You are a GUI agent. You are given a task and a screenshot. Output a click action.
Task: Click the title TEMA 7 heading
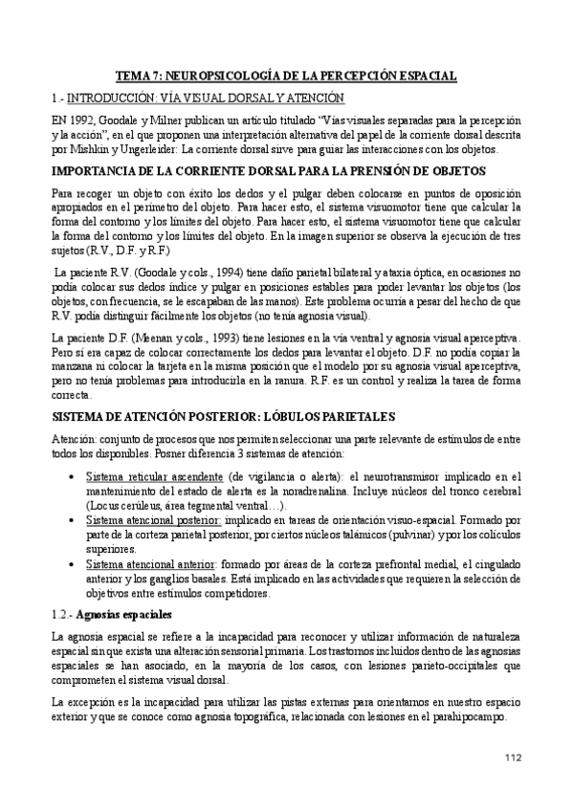pyautogui.click(x=286, y=74)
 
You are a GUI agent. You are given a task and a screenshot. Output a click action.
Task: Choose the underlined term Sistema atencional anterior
pyautogui.click(x=152, y=565)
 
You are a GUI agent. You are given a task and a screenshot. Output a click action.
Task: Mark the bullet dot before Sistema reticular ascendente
pyautogui.click(x=75, y=476)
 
